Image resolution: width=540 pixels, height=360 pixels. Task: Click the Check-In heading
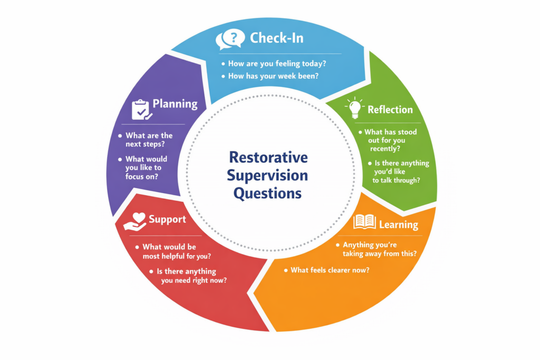[276, 38]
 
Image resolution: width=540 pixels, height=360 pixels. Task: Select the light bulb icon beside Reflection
[355, 108]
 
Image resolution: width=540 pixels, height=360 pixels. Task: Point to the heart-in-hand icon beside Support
[135, 221]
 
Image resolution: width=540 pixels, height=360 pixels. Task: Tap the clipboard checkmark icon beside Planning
[141, 110]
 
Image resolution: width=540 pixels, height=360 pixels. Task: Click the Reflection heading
[390, 110]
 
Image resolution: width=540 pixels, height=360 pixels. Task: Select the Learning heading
[399, 225]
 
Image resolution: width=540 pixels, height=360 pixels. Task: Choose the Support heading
[167, 219]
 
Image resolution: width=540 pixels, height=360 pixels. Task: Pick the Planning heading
[175, 104]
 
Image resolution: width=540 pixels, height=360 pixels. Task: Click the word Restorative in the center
[268, 157]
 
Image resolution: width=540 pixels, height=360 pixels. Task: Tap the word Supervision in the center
[267, 176]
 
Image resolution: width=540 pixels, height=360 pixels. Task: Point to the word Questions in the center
[267, 193]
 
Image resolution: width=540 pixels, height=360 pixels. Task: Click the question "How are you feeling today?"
[277, 64]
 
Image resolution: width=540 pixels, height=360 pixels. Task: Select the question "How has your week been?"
[274, 76]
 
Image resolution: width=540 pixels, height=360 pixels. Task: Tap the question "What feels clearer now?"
[330, 270]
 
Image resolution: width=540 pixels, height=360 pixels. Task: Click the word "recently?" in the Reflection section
[385, 149]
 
